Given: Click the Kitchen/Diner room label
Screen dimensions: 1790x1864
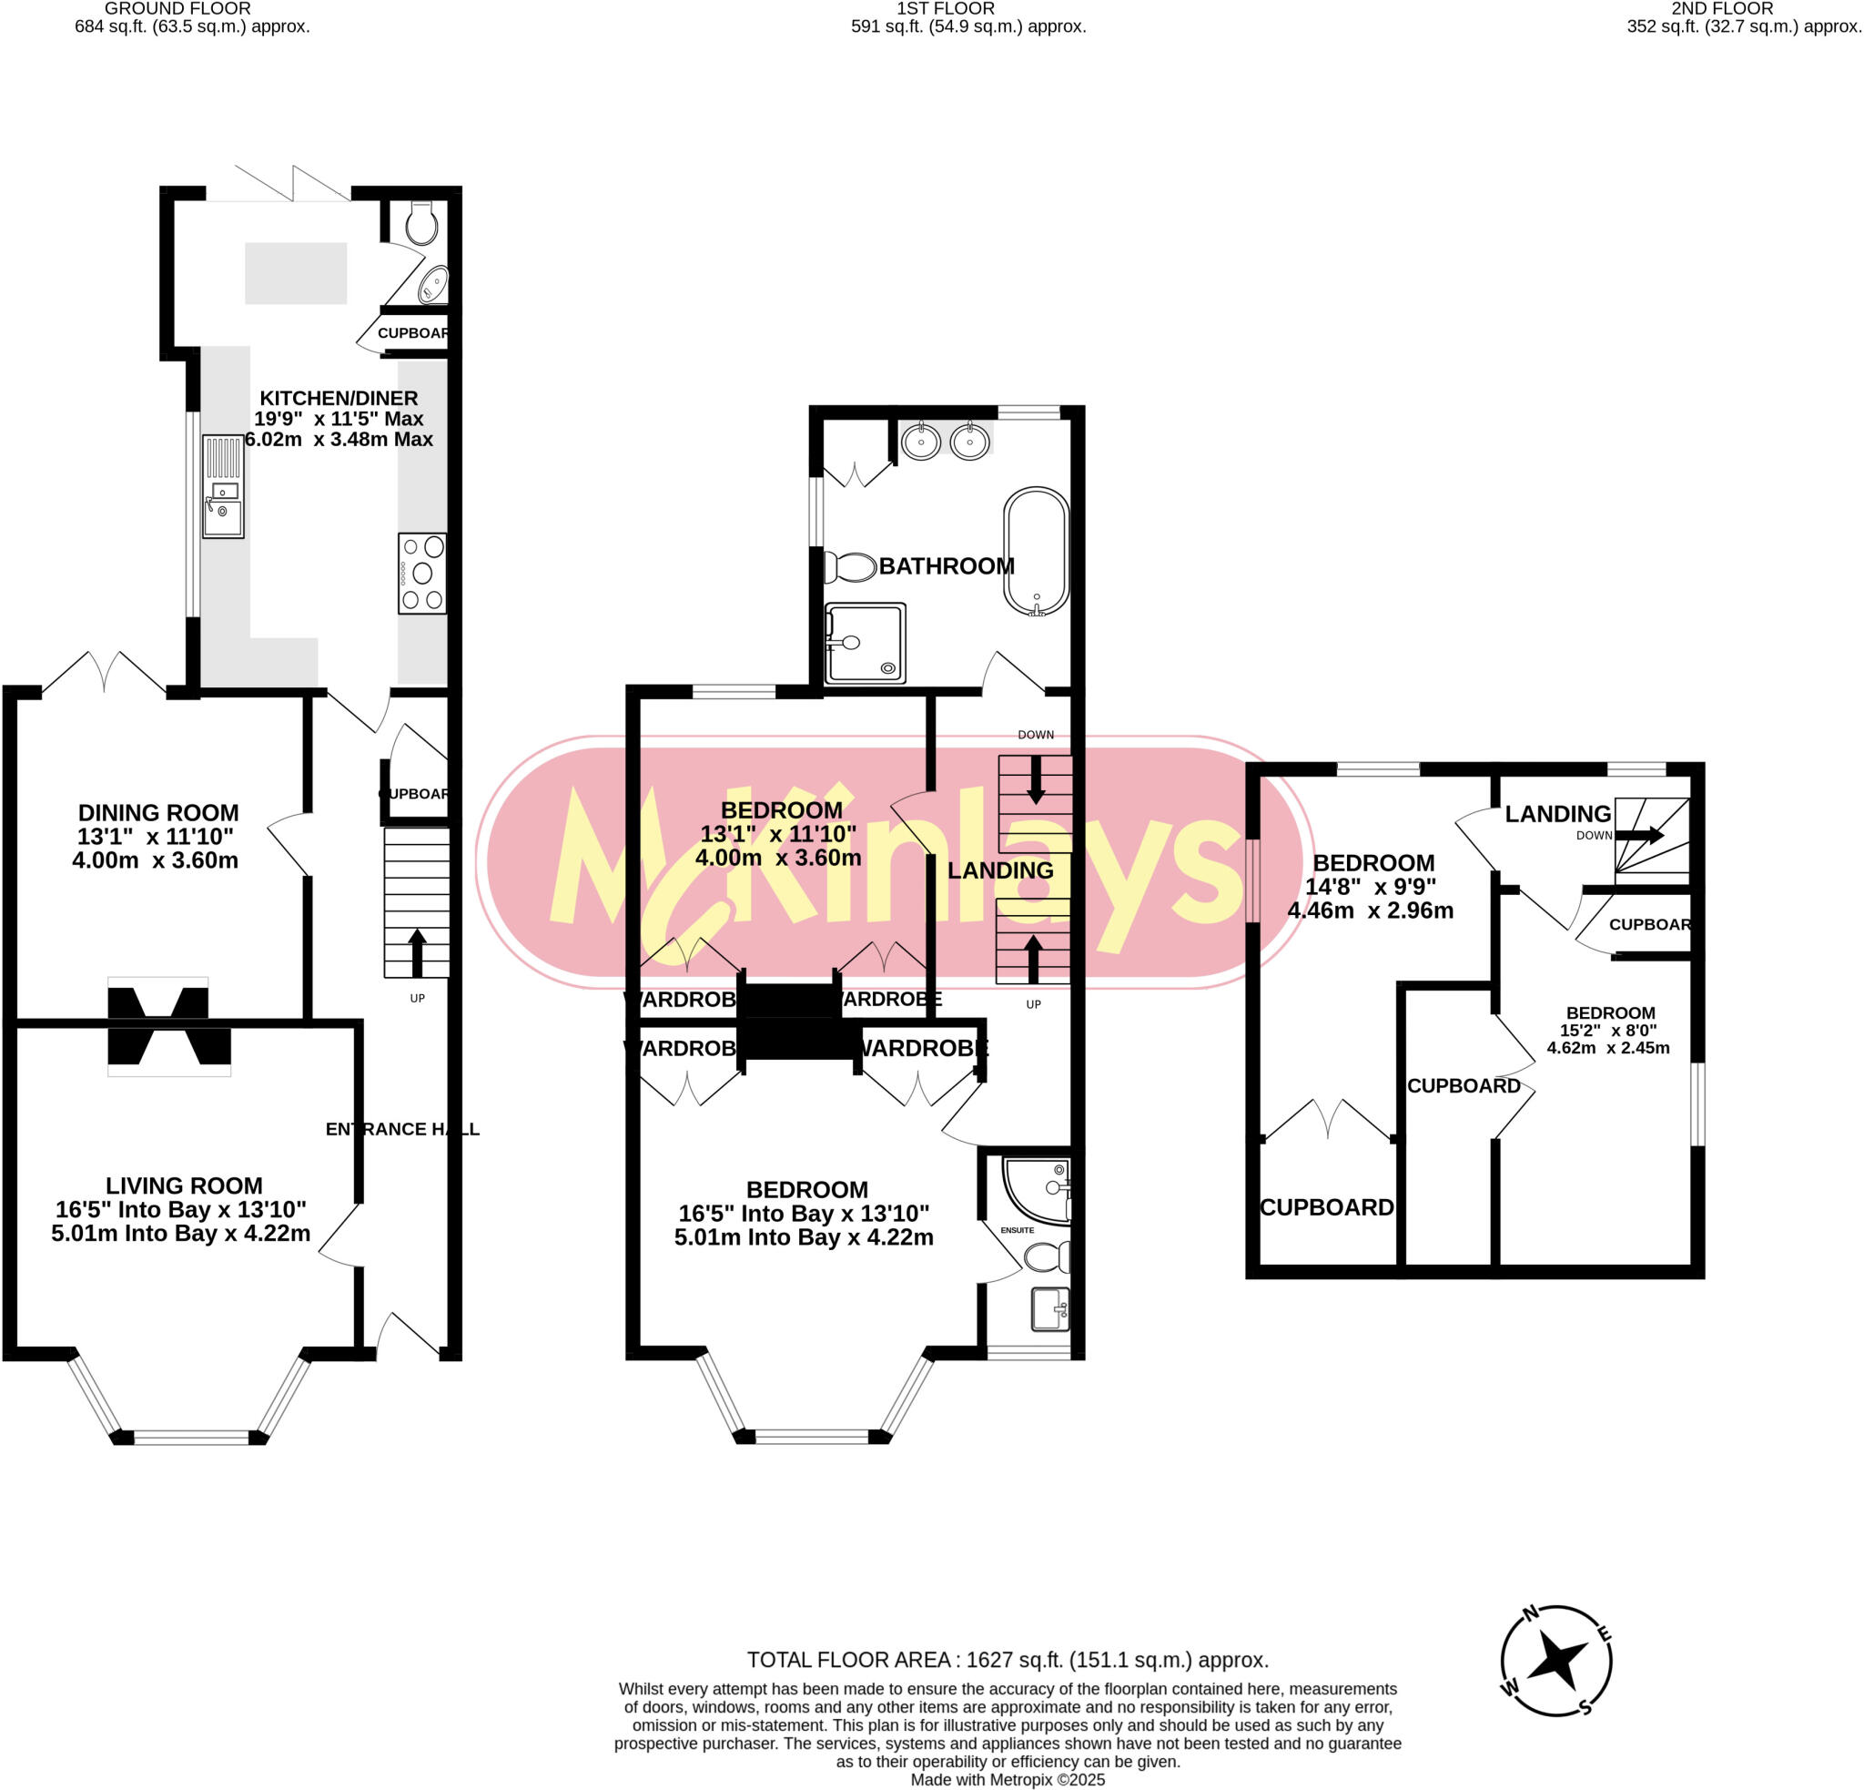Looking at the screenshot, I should click(x=339, y=399).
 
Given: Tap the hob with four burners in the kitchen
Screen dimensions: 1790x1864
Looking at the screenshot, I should click(x=422, y=573).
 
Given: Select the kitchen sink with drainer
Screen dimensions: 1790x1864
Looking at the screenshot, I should click(x=224, y=486).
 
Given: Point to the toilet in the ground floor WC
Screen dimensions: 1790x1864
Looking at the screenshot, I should click(x=420, y=225).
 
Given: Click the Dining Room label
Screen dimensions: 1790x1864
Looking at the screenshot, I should click(x=157, y=813).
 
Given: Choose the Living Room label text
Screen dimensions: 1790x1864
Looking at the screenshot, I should click(x=184, y=1186).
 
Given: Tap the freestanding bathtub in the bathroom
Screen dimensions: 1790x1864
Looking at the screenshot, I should click(x=1036, y=552).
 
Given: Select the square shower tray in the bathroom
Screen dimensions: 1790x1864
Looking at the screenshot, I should click(x=866, y=643).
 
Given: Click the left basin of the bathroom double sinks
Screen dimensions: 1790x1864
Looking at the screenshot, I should click(x=919, y=442).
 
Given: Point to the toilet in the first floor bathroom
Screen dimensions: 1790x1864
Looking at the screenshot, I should click(x=849, y=567).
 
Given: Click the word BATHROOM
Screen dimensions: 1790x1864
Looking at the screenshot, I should click(x=947, y=566).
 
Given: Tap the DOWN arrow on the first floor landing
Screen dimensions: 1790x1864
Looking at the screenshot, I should click(x=1036, y=778).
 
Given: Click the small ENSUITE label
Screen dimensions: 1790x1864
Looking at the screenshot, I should click(x=1017, y=1230).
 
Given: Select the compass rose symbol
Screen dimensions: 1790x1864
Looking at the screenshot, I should click(x=1555, y=1661).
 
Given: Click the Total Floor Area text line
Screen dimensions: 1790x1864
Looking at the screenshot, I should click(x=1008, y=1660).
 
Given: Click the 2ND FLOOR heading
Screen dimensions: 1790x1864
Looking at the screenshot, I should click(x=1722, y=8).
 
